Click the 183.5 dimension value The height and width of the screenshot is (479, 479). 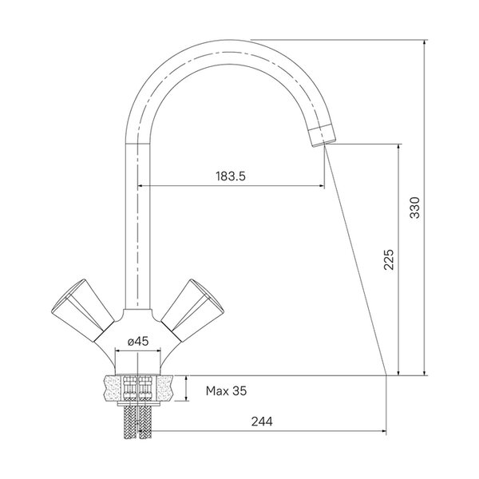231,176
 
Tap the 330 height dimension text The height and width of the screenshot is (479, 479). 415,208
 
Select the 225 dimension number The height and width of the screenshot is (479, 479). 389,259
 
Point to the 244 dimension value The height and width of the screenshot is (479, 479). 262,422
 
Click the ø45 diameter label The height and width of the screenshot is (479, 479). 138,341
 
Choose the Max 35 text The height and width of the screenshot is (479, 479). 226,390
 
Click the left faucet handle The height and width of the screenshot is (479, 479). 82,310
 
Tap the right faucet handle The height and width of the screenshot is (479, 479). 192,310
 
